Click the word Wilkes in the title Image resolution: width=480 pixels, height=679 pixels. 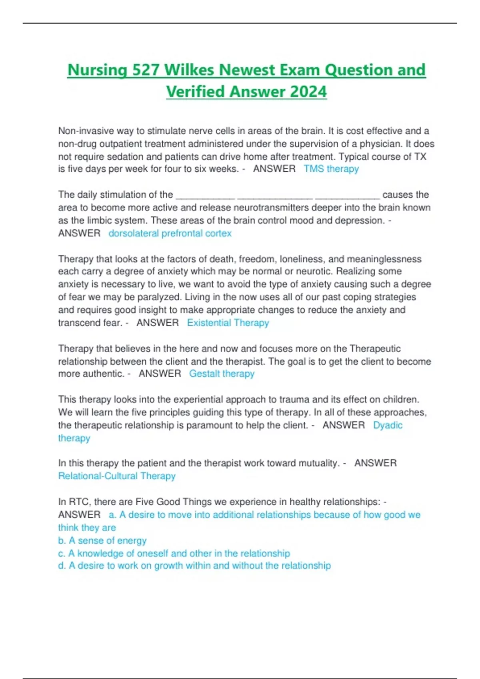pyautogui.click(x=190, y=70)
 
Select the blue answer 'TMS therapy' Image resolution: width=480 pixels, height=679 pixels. pyautogui.click(x=331, y=169)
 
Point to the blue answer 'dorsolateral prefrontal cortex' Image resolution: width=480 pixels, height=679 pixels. pyautogui.click(x=170, y=233)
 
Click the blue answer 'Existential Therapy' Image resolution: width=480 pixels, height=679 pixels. pyautogui.click(x=228, y=323)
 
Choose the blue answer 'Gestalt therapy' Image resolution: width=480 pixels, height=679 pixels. pyautogui.click(x=222, y=374)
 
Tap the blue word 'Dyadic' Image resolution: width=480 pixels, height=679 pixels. pyautogui.click(x=388, y=425)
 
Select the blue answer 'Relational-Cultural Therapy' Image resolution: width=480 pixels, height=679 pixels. pyautogui.click(x=117, y=476)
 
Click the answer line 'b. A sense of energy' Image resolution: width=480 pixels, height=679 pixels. pyautogui.click(x=102, y=540)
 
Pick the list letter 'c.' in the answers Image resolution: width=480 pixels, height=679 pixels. pyautogui.click(x=62, y=553)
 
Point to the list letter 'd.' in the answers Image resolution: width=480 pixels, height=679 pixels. pyautogui.click(x=62, y=566)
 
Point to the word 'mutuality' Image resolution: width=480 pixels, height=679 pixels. pyautogui.click(x=318, y=463)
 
